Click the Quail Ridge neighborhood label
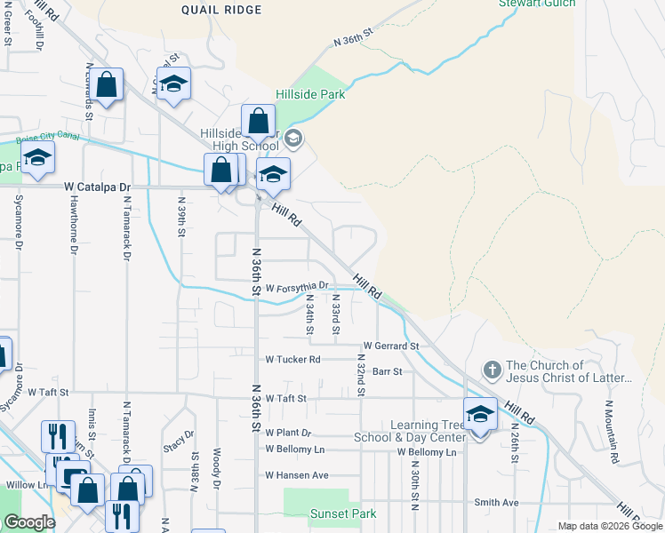coord(221,10)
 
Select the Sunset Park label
coord(342,513)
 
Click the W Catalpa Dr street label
coord(98,187)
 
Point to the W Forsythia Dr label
coord(297,286)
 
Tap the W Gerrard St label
coord(390,346)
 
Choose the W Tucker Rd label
coord(292,360)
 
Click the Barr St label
coord(388,371)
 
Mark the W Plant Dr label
coord(289,433)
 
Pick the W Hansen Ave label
coord(297,475)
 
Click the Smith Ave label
coord(496,502)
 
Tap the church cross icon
coord(492,369)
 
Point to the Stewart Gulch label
coord(537,4)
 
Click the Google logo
coord(29,522)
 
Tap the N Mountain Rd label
coord(609,422)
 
